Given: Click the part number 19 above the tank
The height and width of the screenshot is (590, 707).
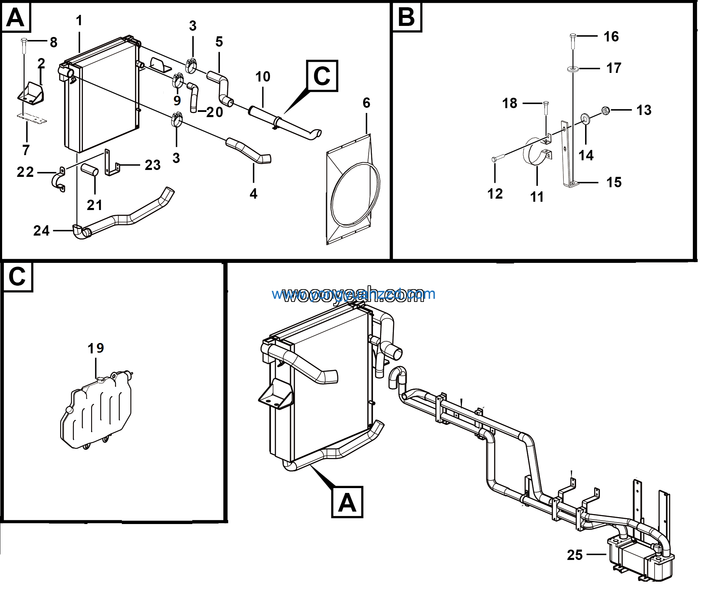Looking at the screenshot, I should tap(96, 348).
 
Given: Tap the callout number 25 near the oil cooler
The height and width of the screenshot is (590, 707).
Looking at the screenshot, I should tap(575, 555).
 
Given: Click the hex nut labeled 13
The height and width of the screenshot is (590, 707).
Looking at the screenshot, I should tap(605, 111).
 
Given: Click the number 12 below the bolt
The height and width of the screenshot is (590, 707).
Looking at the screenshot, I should tap(495, 194).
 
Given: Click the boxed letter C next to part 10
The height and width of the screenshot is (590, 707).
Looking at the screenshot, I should tap(322, 76).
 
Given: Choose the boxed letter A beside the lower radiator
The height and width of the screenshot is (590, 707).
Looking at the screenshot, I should tap(347, 502).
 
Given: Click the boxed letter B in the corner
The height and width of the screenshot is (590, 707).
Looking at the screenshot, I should tap(406, 17).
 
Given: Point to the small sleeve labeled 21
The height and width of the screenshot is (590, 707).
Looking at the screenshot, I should tap(90, 170).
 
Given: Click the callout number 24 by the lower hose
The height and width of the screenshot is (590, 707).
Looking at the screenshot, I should tap(41, 231).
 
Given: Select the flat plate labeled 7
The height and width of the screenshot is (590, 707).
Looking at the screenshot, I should tap(32, 118).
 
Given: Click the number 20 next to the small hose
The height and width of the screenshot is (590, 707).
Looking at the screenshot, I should tap(215, 112).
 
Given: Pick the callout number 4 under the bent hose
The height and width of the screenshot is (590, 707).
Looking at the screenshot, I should tap(253, 194).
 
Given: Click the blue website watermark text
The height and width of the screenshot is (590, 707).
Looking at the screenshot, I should tap(353, 294).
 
